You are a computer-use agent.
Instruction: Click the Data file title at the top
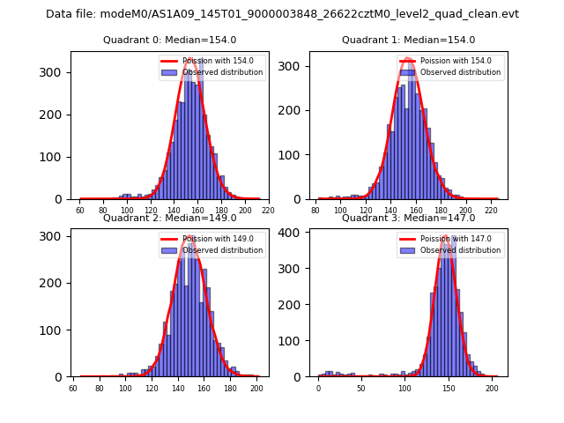[282, 14]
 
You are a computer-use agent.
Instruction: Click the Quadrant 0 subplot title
[169, 40]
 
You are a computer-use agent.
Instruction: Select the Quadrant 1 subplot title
[408, 40]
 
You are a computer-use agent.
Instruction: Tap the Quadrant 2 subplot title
[169, 218]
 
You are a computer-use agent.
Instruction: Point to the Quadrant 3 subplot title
[408, 218]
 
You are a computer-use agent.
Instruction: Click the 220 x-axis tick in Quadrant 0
[268, 211]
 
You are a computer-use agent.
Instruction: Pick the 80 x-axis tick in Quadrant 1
[316, 211]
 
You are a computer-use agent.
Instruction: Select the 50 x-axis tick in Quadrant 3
[361, 389]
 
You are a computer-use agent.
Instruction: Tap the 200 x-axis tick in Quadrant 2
[256, 389]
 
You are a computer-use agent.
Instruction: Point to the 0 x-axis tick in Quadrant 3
[318, 389]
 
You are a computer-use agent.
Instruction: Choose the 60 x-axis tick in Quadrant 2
[73, 389]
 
